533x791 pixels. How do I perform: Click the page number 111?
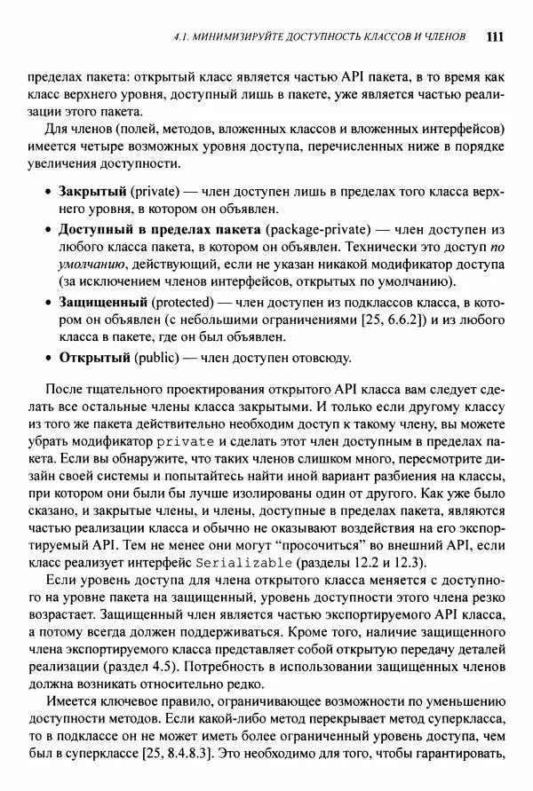click(496, 37)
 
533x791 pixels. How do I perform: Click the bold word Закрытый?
click(92, 192)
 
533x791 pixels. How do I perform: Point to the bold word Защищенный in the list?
click(102, 302)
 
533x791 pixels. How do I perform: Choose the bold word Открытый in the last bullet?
click(94, 358)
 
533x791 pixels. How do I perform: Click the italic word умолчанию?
click(93, 265)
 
